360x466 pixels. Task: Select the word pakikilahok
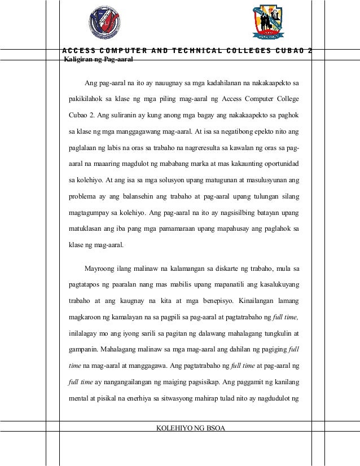point(85,100)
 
